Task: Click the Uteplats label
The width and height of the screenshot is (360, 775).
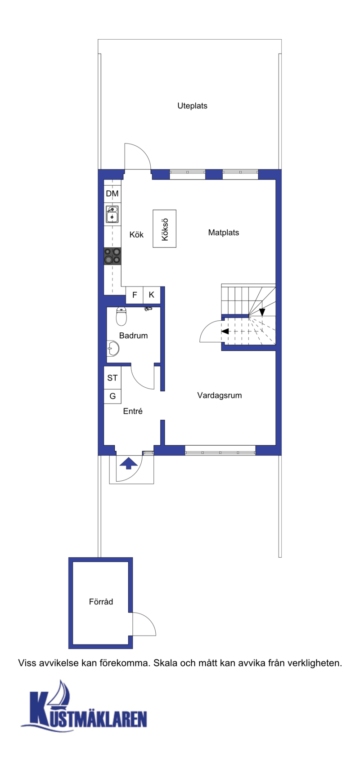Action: click(x=192, y=106)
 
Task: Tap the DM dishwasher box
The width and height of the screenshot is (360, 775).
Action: click(x=112, y=194)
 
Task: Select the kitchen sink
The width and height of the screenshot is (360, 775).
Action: click(x=112, y=215)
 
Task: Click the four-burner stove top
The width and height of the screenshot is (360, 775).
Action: click(x=112, y=256)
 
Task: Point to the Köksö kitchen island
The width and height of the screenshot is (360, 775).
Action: click(x=164, y=228)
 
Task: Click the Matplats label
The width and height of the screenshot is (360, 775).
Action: click(x=224, y=233)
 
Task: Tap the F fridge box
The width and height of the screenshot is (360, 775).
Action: click(x=135, y=295)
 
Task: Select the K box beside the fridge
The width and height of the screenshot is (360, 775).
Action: click(x=152, y=295)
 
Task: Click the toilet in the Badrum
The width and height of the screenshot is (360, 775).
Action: click(x=121, y=316)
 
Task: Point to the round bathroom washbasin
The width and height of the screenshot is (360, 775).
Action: click(x=112, y=349)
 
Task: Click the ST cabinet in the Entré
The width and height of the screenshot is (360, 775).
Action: click(x=112, y=378)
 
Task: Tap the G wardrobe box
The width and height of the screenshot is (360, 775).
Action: click(x=112, y=396)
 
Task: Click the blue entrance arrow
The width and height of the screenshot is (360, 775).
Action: click(x=129, y=463)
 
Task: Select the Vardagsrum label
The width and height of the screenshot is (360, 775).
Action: click(x=220, y=395)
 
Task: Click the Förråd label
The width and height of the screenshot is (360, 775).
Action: click(x=101, y=602)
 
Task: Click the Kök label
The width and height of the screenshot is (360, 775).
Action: click(x=136, y=234)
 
